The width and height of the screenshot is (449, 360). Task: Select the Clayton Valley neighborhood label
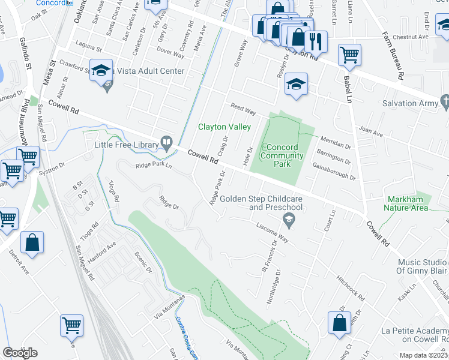pos(224,127)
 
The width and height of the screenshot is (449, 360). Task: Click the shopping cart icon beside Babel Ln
pos(349,55)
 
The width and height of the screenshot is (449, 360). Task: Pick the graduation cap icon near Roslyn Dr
pos(296,84)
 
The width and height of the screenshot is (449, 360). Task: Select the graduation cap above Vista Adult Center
pos(101,70)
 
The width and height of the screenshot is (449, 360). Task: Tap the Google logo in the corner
pos(20,352)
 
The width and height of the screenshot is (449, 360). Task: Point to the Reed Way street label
pos(243,109)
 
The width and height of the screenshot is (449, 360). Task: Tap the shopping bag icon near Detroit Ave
pos(32,243)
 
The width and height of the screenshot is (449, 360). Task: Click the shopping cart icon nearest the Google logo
pos(71,325)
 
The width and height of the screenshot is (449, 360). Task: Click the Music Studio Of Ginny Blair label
pos(423,268)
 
